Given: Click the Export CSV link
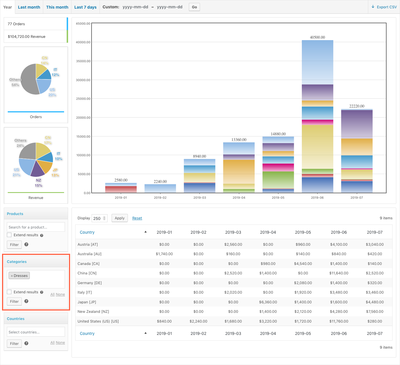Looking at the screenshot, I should coord(384,7).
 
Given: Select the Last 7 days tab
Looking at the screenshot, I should coord(85,7).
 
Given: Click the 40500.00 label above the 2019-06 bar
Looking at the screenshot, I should coord(317,37).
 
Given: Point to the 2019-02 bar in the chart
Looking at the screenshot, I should coord(160,188).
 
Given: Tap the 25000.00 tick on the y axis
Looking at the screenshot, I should coord(83,99).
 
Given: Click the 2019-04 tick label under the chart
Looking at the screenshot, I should coord(239,198).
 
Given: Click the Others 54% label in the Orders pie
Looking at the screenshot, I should coord(15,82).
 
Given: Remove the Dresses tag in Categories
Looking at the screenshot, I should coord(12,276).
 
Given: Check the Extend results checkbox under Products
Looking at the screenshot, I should coord(9,235).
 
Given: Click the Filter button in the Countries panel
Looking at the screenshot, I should coord(14,343).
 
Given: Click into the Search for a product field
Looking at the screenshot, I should coord(36,227).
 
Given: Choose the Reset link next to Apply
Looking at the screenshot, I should coord(137,218).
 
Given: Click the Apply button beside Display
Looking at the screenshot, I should coord(120,218).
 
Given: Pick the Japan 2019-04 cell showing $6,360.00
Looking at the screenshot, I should coord(268,302).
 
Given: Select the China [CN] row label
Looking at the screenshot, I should coord(87,273).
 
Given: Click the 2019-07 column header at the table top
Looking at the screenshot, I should coord(375,232).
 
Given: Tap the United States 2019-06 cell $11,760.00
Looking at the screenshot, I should coord(338,321).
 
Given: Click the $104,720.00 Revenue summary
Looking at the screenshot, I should coord(27,36).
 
